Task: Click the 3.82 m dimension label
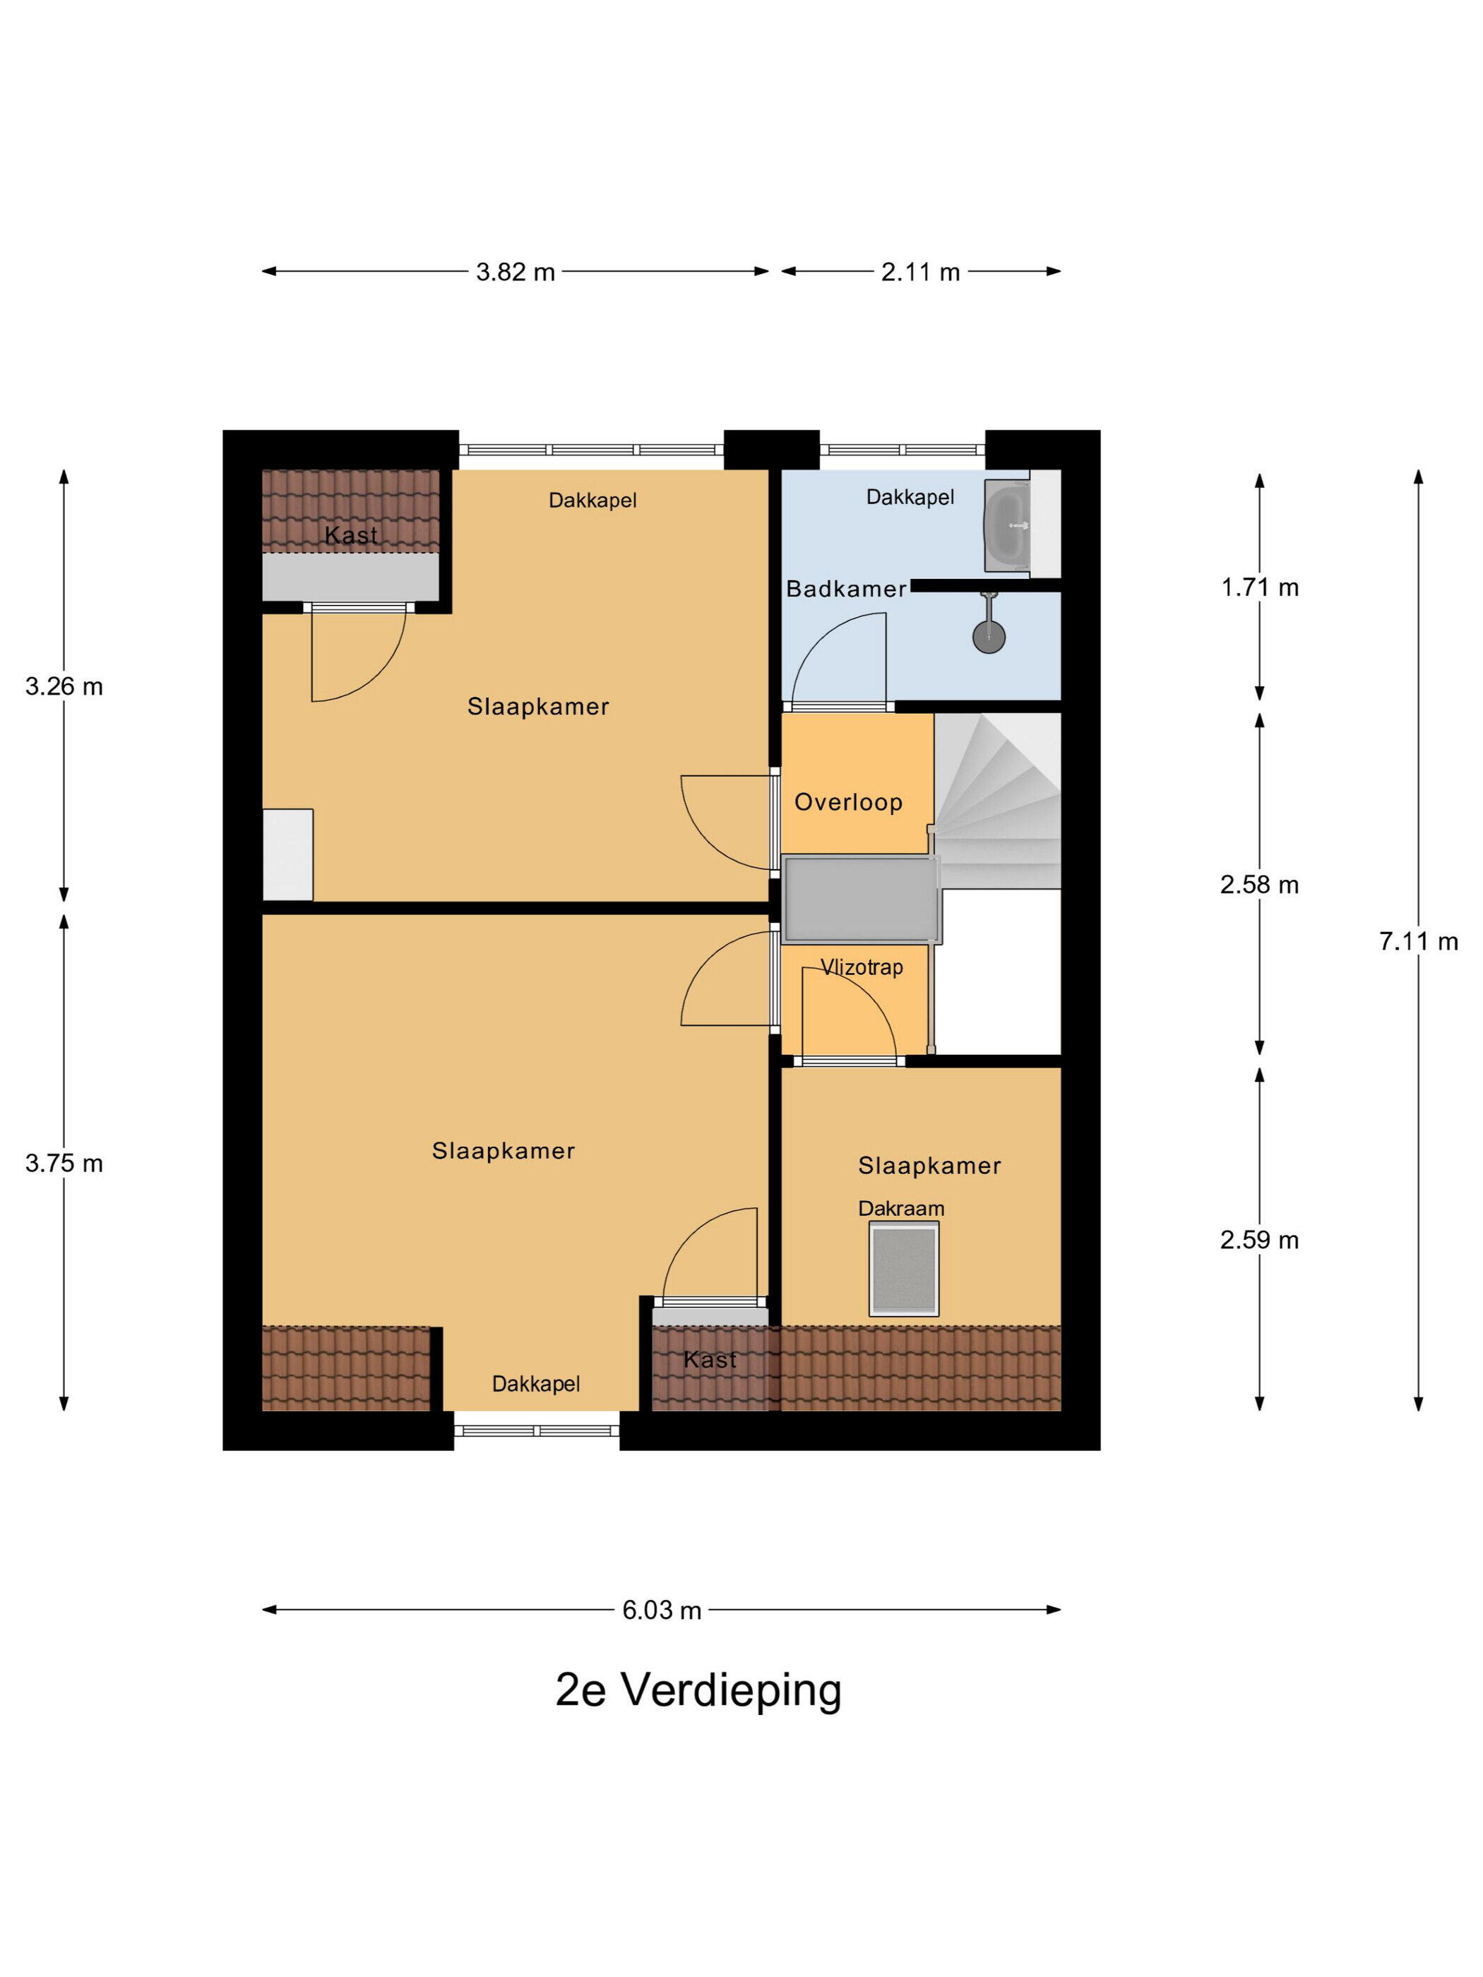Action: tap(515, 272)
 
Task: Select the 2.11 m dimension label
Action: tap(920, 272)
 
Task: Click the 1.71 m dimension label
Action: tap(1260, 587)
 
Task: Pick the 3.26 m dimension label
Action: tap(64, 686)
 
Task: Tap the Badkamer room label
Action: tap(845, 588)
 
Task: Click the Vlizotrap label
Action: tap(862, 967)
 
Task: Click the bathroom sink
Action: tap(1008, 525)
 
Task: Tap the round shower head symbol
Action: tap(989, 635)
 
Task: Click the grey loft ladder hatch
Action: tap(862, 899)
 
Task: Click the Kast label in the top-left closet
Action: tap(350, 535)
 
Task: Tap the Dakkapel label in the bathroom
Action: tap(910, 497)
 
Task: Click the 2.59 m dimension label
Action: tap(1260, 1240)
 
